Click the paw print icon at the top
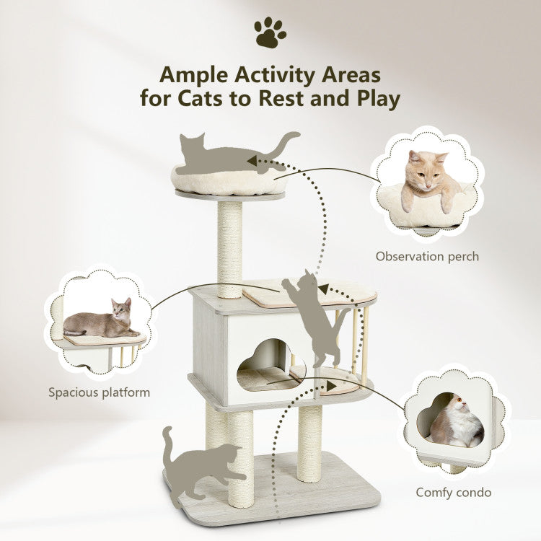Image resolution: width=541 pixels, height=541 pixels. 270,32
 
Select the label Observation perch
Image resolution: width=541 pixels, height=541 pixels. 427,256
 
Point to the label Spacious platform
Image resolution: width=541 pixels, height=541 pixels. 100,392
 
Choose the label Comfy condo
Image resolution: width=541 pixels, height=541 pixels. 454,493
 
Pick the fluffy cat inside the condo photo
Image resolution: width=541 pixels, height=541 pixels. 457,425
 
